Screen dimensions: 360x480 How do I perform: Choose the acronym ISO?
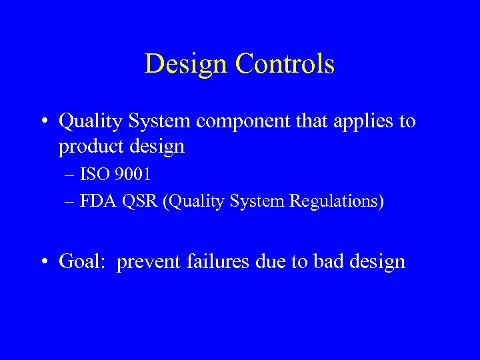coord(95,175)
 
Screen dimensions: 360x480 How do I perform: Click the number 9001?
coord(133,175)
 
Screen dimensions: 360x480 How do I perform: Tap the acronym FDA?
coord(97,201)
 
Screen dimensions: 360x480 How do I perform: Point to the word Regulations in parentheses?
coord(338,201)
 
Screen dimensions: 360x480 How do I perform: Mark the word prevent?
coord(147,261)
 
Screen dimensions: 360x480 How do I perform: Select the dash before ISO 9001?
coord(71,176)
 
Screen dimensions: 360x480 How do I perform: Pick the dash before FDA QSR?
coord(71,201)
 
